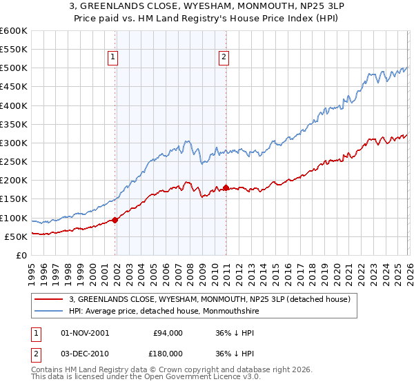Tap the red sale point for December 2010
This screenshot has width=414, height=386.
coord(226,187)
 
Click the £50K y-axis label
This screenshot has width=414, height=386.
coord(17,236)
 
